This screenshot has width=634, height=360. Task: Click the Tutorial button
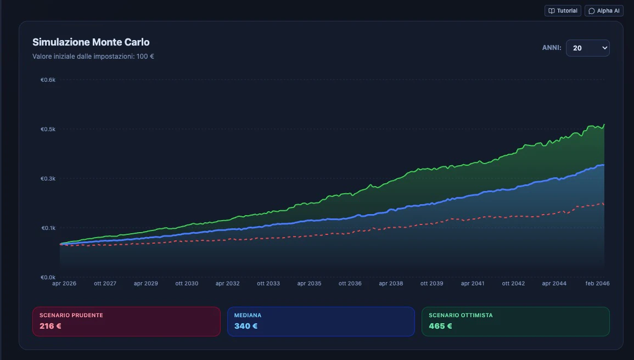point(563,11)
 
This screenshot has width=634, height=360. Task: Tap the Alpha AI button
point(604,11)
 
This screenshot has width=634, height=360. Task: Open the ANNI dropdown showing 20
point(587,48)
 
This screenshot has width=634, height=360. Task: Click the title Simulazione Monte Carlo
point(91,42)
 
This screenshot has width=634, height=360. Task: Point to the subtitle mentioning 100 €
point(93,57)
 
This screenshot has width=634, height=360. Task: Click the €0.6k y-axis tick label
point(48,80)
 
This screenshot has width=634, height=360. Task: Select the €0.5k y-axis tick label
point(48,130)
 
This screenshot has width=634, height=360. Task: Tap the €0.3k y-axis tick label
point(48,179)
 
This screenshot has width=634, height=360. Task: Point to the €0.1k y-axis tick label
point(48,228)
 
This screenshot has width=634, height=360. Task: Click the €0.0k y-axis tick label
point(48,278)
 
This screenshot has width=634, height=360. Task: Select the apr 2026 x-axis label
point(64,284)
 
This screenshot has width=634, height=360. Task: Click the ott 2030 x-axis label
point(187,284)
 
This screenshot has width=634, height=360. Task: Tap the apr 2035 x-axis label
point(309,284)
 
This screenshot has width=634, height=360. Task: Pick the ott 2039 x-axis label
point(431,284)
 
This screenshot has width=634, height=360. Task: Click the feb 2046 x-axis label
point(597,284)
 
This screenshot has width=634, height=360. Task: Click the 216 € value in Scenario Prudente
point(50,326)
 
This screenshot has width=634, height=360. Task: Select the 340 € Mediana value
point(245,326)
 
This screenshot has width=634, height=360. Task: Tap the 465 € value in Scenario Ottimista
point(440,326)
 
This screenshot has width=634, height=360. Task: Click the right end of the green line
point(604,125)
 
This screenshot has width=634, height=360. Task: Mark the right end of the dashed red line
point(604,204)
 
